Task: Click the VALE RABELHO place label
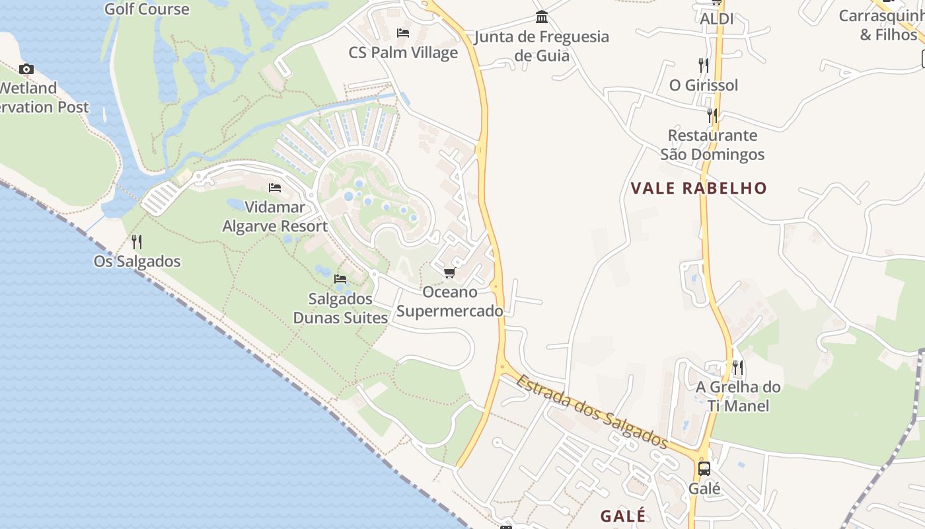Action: coord(698,188)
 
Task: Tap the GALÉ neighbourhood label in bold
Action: coord(622,516)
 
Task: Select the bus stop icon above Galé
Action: coord(704,469)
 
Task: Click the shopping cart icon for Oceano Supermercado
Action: coord(449,273)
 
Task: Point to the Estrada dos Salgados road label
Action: coord(592,411)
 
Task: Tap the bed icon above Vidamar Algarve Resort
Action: coord(275,188)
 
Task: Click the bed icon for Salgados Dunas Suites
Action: coord(340,279)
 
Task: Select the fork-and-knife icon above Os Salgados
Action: coord(137,242)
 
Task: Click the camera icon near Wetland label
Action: coord(26,69)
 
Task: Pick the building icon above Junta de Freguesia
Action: coord(542,17)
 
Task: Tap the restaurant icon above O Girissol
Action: coord(704,65)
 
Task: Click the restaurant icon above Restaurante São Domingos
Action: coord(712,116)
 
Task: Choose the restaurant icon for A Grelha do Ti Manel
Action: coord(738,368)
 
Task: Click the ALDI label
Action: coord(717,19)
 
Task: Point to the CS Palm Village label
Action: coord(403,53)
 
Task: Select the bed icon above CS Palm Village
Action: coord(403,33)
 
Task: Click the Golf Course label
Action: coord(147,9)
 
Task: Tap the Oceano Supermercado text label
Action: coord(450,302)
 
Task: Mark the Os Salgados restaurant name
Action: coord(137,261)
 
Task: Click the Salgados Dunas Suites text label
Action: coord(340,308)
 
